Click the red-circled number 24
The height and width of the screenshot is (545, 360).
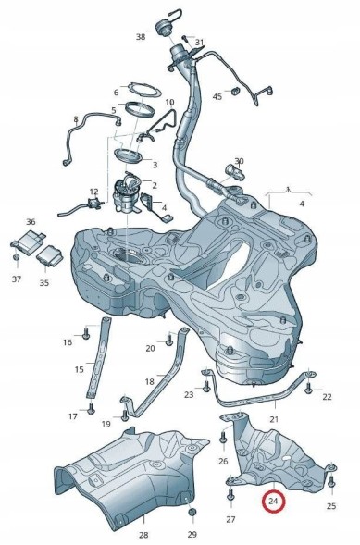pyautogui.click(x=274, y=501)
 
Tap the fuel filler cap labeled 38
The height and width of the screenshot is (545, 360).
pyautogui.click(x=163, y=29)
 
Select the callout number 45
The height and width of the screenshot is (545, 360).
pyautogui.click(x=217, y=96)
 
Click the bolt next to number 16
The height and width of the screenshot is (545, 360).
pyautogui.click(x=86, y=334)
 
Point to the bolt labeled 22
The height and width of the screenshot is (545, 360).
pyautogui.click(x=308, y=389)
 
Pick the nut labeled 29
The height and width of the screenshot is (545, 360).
pyautogui.click(x=192, y=512)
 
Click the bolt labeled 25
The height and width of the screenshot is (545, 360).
pyautogui.click(x=331, y=481)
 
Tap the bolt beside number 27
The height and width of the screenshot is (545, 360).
pyautogui.click(x=230, y=494)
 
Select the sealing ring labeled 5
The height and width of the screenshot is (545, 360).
pyautogui.click(x=140, y=109)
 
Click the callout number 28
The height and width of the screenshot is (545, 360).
pyautogui.click(x=143, y=535)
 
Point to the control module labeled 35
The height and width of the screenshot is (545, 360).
pyautogui.click(x=50, y=255)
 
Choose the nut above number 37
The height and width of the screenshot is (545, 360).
pyautogui.click(x=16, y=258)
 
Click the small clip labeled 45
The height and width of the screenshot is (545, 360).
pyautogui.click(x=236, y=91)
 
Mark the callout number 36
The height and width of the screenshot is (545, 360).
pyautogui.click(x=31, y=221)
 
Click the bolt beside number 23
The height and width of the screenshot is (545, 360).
pyautogui.click(x=206, y=386)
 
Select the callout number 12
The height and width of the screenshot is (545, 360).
pyautogui.click(x=93, y=192)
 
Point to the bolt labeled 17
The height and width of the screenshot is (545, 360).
pyautogui.click(x=91, y=408)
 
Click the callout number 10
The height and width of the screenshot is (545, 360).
pyautogui.click(x=169, y=102)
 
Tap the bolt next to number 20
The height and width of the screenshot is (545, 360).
pyautogui.click(x=168, y=340)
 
